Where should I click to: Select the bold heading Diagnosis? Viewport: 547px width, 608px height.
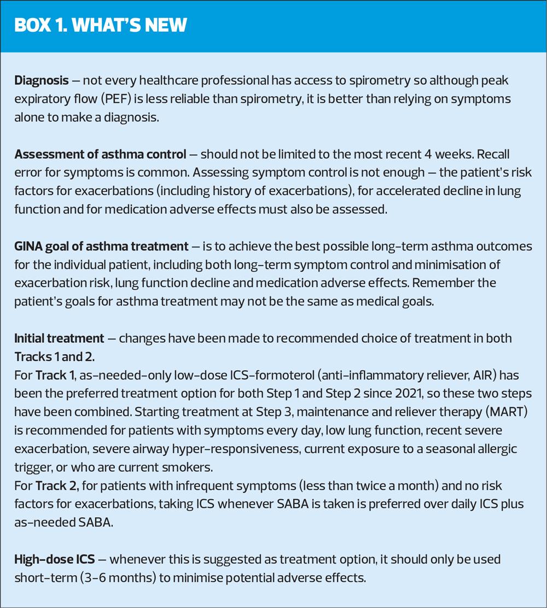42,80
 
